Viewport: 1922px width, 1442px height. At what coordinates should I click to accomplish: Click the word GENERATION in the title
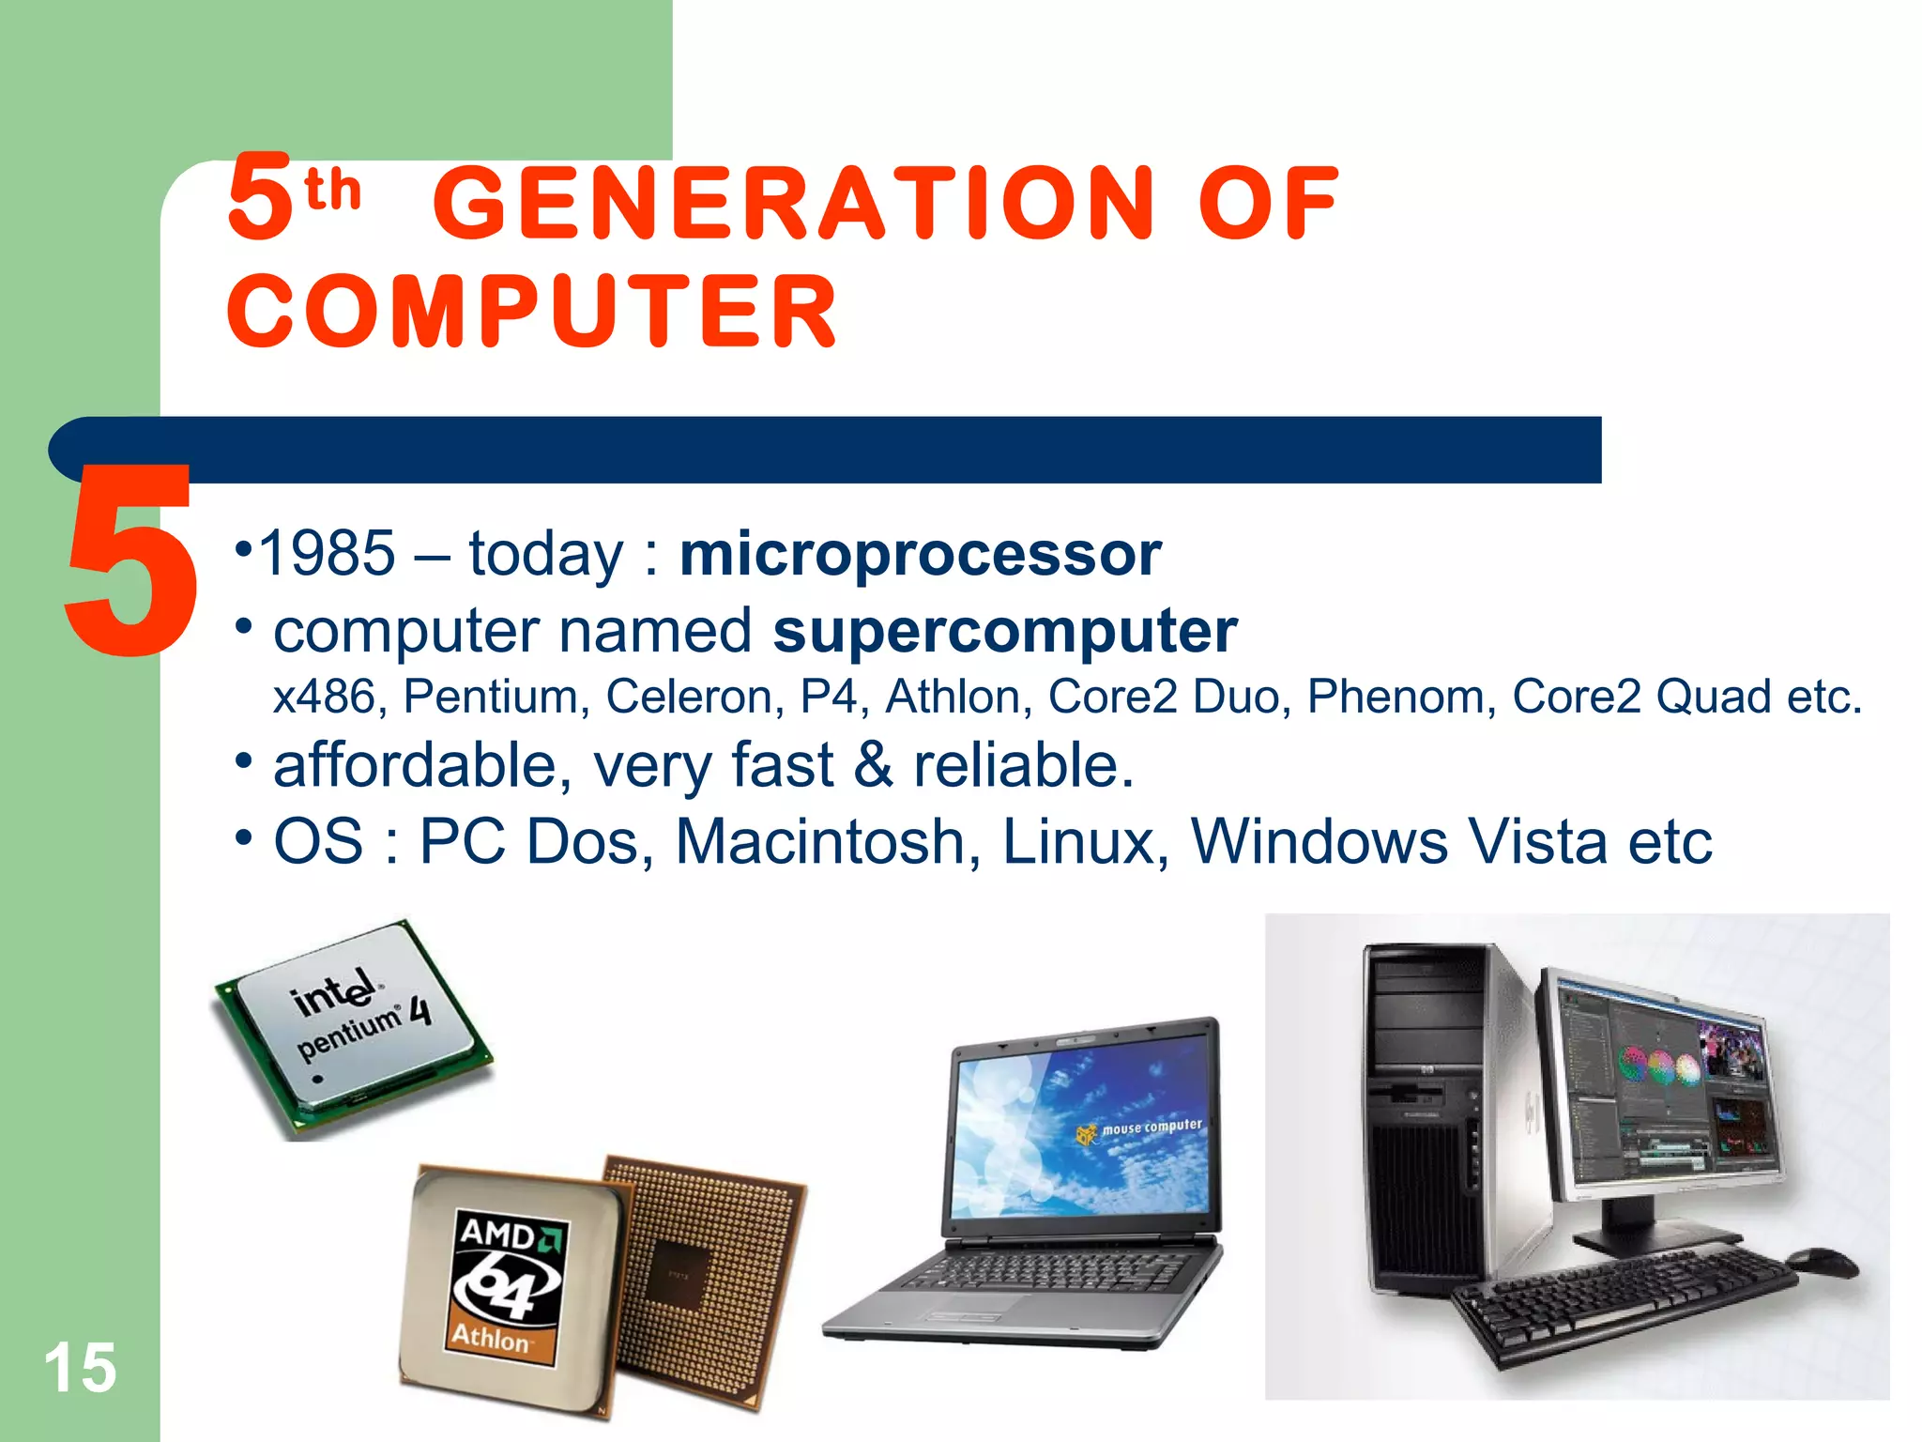click(793, 203)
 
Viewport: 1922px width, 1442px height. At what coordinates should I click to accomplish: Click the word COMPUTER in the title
click(532, 312)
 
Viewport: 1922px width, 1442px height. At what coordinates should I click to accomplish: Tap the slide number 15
click(80, 1368)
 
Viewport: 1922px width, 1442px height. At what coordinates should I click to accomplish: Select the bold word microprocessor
click(920, 554)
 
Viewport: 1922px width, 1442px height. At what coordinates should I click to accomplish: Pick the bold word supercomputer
click(1004, 630)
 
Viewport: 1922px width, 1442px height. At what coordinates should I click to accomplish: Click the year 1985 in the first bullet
click(327, 554)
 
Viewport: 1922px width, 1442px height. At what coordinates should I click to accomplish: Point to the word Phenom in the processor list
click(1397, 697)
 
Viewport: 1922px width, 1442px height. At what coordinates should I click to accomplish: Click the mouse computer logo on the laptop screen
click(1140, 1129)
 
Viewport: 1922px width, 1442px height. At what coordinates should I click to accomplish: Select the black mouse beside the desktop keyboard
click(1824, 1262)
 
